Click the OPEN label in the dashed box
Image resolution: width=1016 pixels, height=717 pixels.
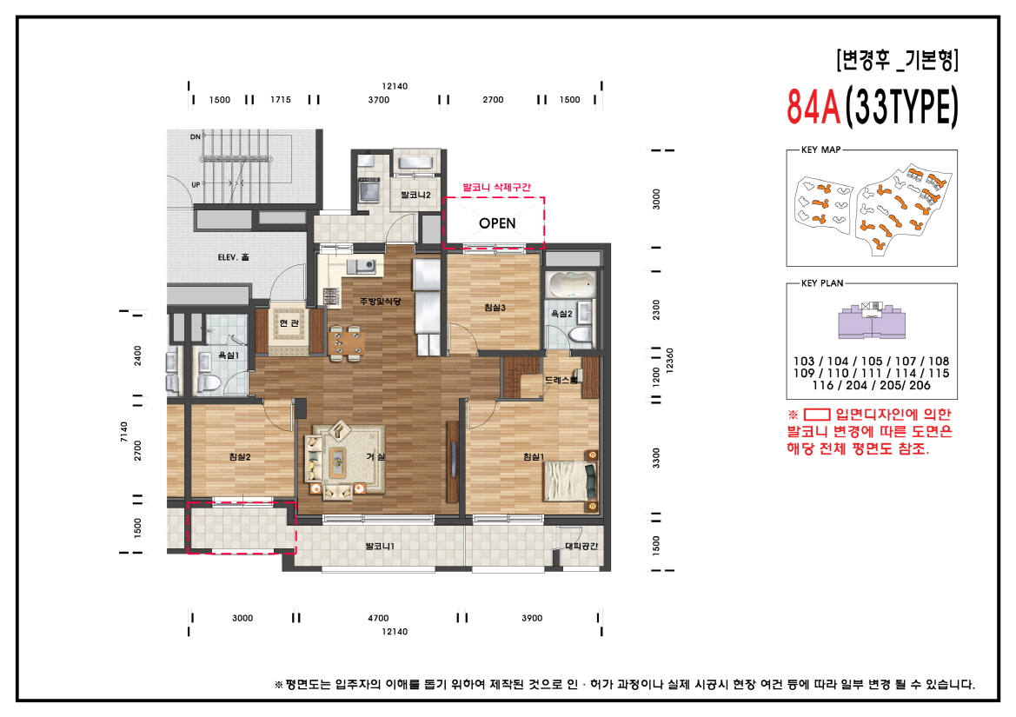pyautogui.click(x=497, y=223)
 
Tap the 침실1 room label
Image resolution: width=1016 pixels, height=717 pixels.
pyautogui.click(x=533, y=457)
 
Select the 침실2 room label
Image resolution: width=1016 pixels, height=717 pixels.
pyautogui.click(x=240, y=457)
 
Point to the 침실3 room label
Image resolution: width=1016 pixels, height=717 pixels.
pyautogui.click(x=495, y=307)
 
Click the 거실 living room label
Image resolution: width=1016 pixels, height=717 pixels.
pyautogui.click(x=375, y=457)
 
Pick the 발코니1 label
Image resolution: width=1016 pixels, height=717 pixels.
pyautogui.click(x=380, y=547)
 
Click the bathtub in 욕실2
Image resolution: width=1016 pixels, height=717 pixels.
pyautogui.click(x=572, y=284)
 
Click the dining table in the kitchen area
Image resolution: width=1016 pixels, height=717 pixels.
pyautogui.click(x=347, y=341)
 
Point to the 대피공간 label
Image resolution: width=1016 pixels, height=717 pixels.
pyautogui.click(x=581, y=547)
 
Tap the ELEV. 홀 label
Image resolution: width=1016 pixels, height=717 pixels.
pyautogui.click(x=233, y=257)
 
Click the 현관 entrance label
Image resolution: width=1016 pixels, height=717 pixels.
pyautogui.click(x=288, y=323)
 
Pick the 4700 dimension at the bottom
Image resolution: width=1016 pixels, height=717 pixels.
pyautogui.click(x=378, y=618)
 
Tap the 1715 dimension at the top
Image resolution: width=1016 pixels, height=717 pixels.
pyautogui.click(x=280, y=100)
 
